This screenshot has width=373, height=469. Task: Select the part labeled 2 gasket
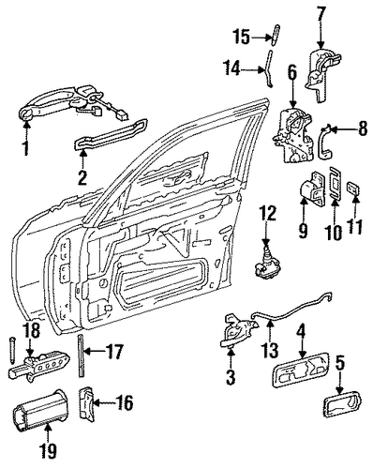tap(111, 133)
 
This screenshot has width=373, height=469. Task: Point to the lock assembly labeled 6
tap(292, 137)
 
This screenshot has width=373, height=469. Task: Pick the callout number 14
tap(231, 68)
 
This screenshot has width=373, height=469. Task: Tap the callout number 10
tap(335, 232)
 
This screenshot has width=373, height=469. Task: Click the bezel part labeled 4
tap(302, 370)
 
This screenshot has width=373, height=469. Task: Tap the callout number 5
tap(340, 363)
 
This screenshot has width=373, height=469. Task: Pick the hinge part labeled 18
tap(38, 366)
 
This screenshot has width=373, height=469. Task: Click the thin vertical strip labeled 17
tap(80, 356)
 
